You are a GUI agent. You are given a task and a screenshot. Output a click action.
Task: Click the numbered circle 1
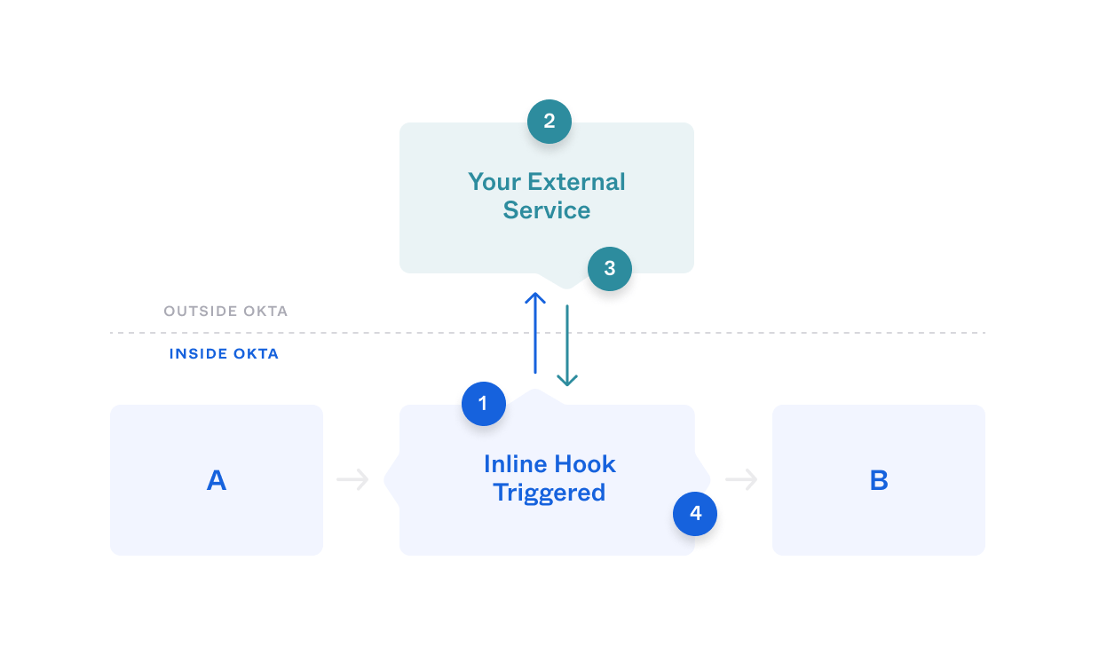483,404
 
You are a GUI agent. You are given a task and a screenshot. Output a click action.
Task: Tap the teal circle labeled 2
549,122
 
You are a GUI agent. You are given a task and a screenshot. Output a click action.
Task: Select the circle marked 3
609,269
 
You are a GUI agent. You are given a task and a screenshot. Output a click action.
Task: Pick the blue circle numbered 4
695,514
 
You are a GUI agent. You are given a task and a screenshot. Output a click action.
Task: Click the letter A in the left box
217,480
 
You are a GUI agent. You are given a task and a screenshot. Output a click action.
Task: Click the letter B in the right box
878,480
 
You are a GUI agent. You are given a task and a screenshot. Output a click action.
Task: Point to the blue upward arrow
535,333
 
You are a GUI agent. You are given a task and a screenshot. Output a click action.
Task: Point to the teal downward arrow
567,345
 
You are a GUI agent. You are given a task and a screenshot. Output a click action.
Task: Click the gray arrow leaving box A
352,480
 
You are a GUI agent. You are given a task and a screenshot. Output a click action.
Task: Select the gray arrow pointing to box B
741,480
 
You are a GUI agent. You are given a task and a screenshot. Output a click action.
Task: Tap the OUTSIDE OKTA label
225,312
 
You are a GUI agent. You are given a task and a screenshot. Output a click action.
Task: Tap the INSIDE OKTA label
224,354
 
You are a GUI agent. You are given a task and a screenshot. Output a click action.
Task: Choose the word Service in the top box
547,210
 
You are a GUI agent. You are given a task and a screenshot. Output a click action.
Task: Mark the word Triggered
549,493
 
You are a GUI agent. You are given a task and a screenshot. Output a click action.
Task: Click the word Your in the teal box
494,182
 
